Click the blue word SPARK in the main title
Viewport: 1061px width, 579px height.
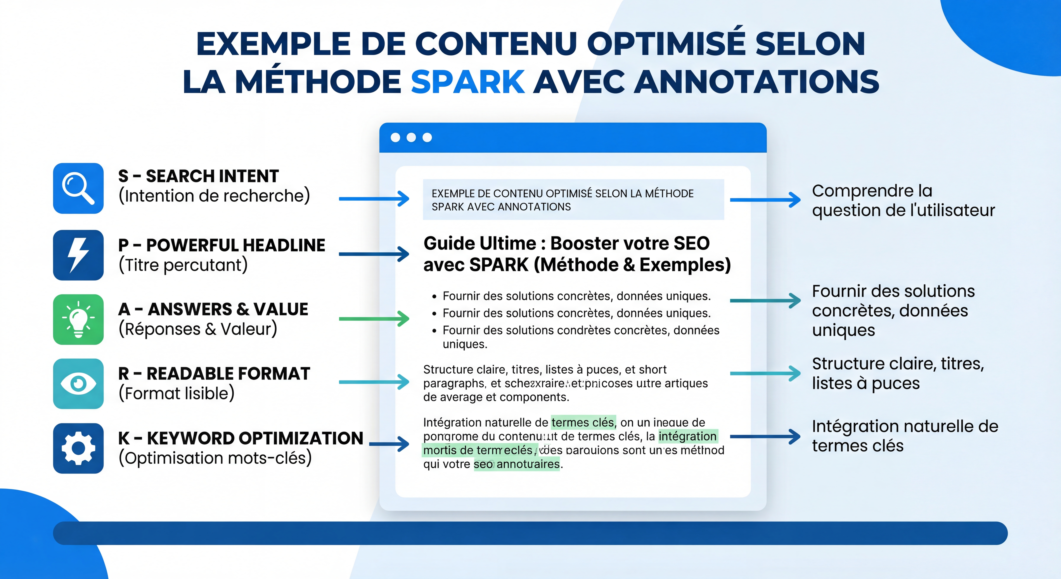point(467,81)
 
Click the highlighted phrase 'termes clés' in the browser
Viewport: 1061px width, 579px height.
point(583,422)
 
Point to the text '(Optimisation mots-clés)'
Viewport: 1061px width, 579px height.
point(215,458)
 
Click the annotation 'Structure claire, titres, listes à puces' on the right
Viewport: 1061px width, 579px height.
point(898,373)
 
